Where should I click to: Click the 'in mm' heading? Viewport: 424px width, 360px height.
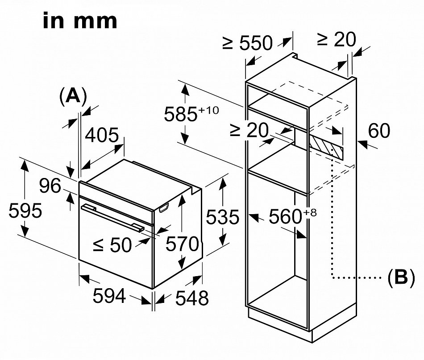80,21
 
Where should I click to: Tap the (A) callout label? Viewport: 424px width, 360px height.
72,96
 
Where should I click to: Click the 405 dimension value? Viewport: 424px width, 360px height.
102,136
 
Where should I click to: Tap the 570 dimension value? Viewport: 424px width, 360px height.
182,244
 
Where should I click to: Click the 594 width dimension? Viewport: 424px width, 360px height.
110,296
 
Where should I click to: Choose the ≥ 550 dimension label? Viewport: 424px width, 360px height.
248,43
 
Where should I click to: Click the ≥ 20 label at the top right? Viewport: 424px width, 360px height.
337,40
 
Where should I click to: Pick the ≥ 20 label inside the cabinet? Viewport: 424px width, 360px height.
249,130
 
